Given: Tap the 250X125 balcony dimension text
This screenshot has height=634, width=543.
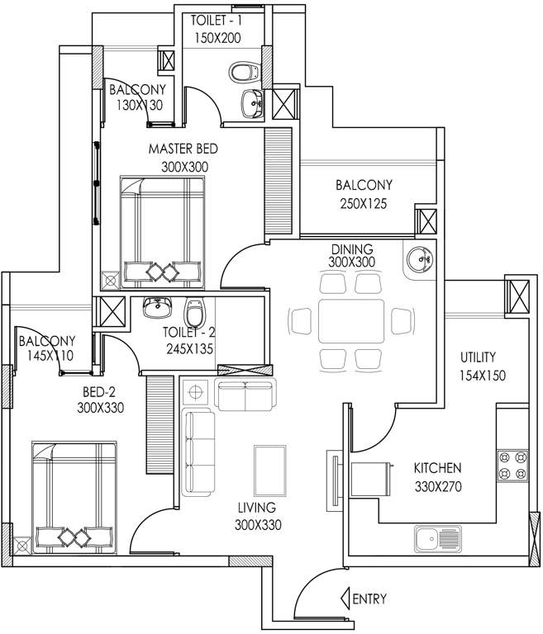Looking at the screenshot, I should tap(364, 202).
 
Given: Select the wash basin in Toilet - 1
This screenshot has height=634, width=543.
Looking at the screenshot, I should tap(252, 103).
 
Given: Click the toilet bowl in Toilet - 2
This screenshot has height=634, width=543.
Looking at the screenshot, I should tap(195, 311).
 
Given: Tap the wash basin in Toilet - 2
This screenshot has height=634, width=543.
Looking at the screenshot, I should tap(155, 308).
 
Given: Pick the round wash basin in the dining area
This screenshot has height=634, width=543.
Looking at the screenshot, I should tap(418, 259).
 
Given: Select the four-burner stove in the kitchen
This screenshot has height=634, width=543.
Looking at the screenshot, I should tap(512, 466).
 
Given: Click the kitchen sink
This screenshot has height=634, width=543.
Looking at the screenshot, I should tap(439, 540).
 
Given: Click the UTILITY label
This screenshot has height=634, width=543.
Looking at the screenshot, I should tap(478, 357).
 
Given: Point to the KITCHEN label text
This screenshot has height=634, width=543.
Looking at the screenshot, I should tap(437, 468).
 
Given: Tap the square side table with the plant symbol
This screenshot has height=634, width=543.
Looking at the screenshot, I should tap(197, 391).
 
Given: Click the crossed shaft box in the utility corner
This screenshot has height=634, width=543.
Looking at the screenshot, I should tap(519, 295).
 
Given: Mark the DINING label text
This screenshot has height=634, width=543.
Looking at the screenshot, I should tap(352, 248).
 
